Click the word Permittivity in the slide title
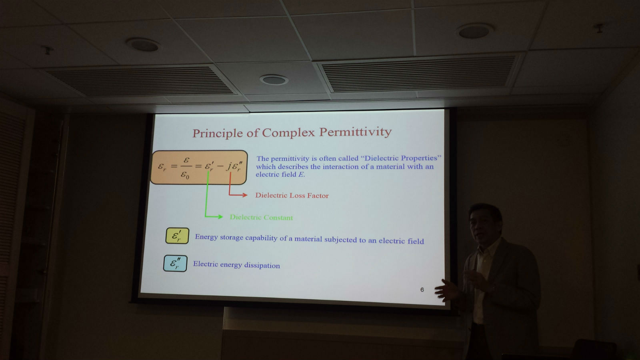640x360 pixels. click(x=355, y=132)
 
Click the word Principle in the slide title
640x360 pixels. click(x=218, y=133)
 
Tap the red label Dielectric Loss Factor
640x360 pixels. click(x=292, y=196)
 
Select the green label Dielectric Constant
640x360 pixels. click(x=262, y=218)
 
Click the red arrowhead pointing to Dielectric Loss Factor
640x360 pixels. click(x=245, y=195)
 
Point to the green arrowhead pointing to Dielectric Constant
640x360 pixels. click(x=220, y=217)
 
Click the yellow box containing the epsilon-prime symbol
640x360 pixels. click(x=177, y=236)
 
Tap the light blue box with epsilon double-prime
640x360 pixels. click(x=175, y=264)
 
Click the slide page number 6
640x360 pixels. click(x=422, y=290)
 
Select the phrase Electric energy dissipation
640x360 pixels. click(x=236, y=264)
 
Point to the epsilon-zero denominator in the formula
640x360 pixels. click(x=185, y=174)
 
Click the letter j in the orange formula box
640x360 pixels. click(x=229, y=166)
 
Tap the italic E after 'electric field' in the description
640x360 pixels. click(x=301, y=174)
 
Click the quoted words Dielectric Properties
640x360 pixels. click(x=401, y=158)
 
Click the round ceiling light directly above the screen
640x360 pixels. click(x=274, y=80)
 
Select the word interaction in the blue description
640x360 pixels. click(x=340, y=166)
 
